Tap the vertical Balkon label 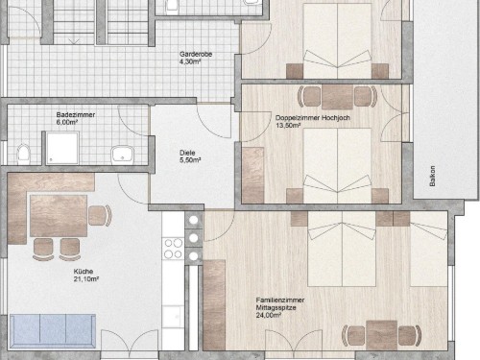pos(432,176)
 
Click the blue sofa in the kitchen pos(53,331)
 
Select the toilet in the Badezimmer pos(23,155)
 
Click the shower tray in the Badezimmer pos(62,148)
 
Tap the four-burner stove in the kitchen pos(174,249)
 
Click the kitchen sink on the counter pos(173,317)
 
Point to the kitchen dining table pos(59,216)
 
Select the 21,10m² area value pos(86,279)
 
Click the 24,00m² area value pos(269,315)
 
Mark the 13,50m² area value pos(288,125)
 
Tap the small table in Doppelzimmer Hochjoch pos(337,97)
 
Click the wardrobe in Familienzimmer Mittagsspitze pos(214,304)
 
